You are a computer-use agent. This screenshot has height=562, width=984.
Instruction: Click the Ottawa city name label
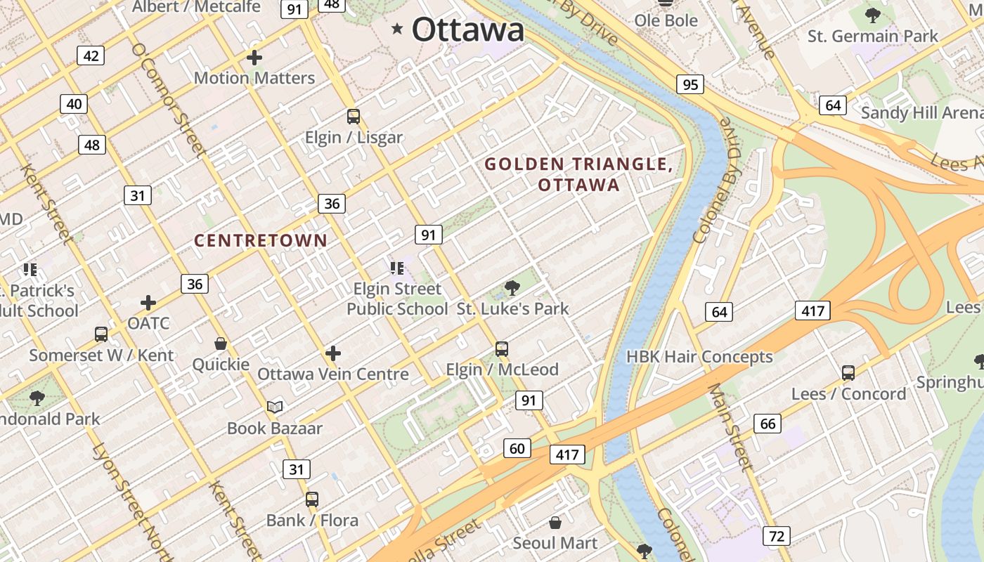click(x=467, y=30)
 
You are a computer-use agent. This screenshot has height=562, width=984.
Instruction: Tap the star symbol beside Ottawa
click(x=398, y=29)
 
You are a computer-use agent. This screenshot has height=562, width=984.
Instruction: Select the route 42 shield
click(x=91, y=55)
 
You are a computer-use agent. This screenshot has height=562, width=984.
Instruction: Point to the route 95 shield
click(x=690, y=84)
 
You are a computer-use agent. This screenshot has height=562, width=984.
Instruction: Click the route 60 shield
click(x=517, y=448)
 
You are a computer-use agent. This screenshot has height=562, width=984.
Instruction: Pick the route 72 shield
click(x=776, y=537)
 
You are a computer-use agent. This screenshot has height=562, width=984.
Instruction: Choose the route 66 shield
click(x=768, y=424)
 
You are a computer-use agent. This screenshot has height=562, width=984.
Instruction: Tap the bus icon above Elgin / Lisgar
click(x=354, y=117)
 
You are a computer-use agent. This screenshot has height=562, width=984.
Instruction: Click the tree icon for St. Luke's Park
click(x=512, y=287)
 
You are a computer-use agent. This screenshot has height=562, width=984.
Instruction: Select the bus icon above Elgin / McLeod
click(x=502, y=349)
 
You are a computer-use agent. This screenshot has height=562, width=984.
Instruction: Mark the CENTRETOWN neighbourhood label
click(x=261, y=240)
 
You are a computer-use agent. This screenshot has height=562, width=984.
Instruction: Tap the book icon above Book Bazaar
click(x=275, y=407)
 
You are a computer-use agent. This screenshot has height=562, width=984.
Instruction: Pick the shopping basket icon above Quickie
click(x=221, y=344)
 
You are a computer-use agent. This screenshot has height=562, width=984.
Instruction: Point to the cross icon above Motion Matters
click(x=254, y=58)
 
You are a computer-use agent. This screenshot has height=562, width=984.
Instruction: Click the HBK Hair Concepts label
click(x=699, y=357)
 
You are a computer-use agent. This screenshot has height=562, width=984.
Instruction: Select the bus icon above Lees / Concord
click(x=848, y=373)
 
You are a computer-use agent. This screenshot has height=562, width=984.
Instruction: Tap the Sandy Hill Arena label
click(x=921, y=112)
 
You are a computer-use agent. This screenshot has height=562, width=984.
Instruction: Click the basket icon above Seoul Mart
click(x=555, y=523)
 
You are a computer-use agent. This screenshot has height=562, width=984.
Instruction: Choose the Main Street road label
click(x=730, y=426)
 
